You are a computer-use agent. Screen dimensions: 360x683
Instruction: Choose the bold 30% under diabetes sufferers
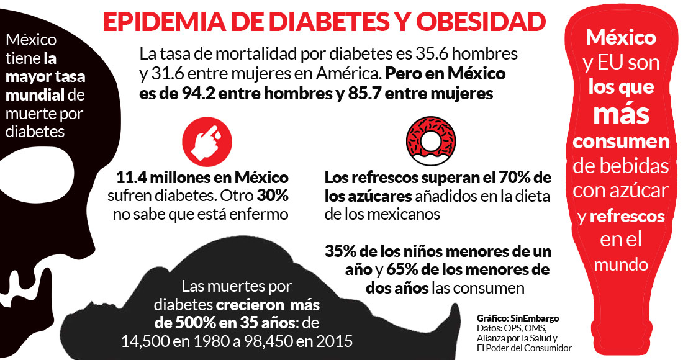tap(274, 197)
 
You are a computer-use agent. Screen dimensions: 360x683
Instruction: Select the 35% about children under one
tap(341, 253)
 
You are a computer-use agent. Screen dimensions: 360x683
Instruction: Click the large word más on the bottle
tap(621, 114)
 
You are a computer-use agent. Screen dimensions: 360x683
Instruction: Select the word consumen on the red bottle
tap(621, 142)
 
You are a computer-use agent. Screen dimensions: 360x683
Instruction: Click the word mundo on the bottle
tap(621, 264)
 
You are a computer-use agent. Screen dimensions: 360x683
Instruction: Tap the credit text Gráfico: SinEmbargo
tap(517, 318)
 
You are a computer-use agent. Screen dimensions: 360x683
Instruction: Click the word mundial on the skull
tap(32, 96)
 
